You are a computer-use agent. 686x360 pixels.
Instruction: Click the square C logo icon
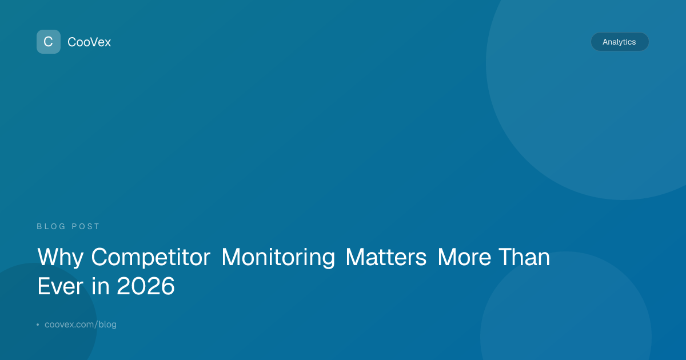tap(49, 42)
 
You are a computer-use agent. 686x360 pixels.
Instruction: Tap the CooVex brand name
tap(89, 42)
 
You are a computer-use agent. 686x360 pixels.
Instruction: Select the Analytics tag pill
tap(620, 42)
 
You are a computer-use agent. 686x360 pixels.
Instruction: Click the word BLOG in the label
tap(51, 226)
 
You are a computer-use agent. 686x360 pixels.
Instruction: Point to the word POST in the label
tap(85, 226)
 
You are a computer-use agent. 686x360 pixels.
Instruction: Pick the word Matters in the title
tap(386, 257)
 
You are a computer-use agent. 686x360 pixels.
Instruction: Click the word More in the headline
tap(464, 257)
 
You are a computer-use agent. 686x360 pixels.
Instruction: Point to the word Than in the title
tap(524, 257)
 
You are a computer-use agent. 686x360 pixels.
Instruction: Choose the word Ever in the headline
tap(60, 286)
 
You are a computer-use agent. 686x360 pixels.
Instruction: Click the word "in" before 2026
tap(101, 285)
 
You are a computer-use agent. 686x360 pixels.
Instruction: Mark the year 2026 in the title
tap(146, 286)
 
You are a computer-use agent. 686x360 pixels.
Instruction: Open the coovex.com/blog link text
tap(81, 324)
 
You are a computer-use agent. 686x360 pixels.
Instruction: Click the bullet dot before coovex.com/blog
tap(38, 325)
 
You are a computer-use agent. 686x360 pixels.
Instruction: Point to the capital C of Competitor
tap(100, 257)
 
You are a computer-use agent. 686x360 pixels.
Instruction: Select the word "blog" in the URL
tap(107, 324)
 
